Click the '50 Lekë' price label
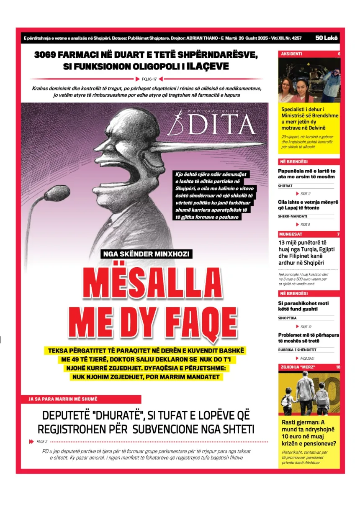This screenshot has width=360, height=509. point(327,38)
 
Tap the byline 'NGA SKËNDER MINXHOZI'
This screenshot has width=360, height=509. point(147,253)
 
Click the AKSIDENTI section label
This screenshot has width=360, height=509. point(292,54)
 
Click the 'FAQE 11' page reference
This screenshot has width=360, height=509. point(306,194)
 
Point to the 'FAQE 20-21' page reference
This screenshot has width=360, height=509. point(307,358)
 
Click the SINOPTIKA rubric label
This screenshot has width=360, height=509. point(287,318)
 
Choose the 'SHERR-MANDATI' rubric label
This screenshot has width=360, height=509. point(293,216)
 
